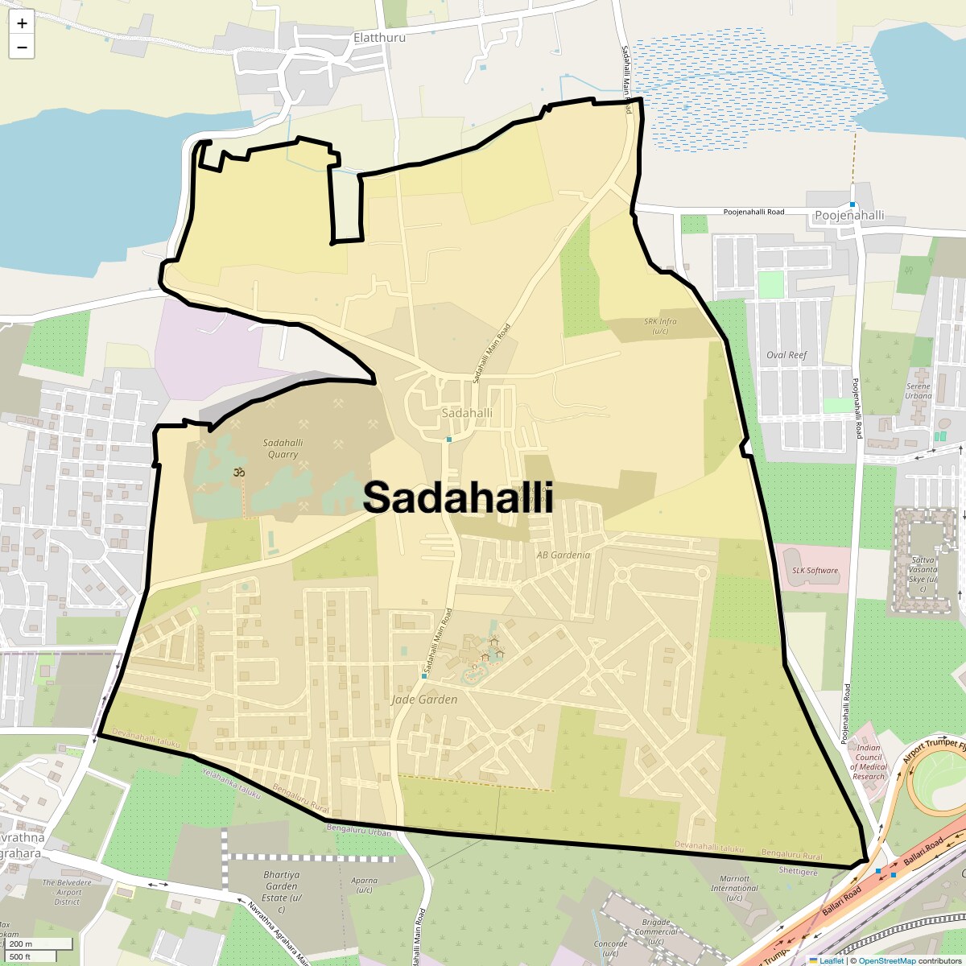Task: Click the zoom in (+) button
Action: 22,23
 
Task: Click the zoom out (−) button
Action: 22,47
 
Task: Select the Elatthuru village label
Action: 379,37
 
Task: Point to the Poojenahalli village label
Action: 849,215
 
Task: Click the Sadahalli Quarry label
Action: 283,448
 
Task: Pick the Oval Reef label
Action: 786,355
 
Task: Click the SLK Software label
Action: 815,571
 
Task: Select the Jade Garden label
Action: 424,700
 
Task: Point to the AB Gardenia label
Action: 563,555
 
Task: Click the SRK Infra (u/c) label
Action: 660,326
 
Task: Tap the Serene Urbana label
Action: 918,390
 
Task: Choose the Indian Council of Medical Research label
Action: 869,762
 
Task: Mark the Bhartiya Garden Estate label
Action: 282,892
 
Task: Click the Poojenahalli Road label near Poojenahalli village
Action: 753,212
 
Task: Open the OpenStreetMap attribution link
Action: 886,960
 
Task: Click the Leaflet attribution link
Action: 832,960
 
